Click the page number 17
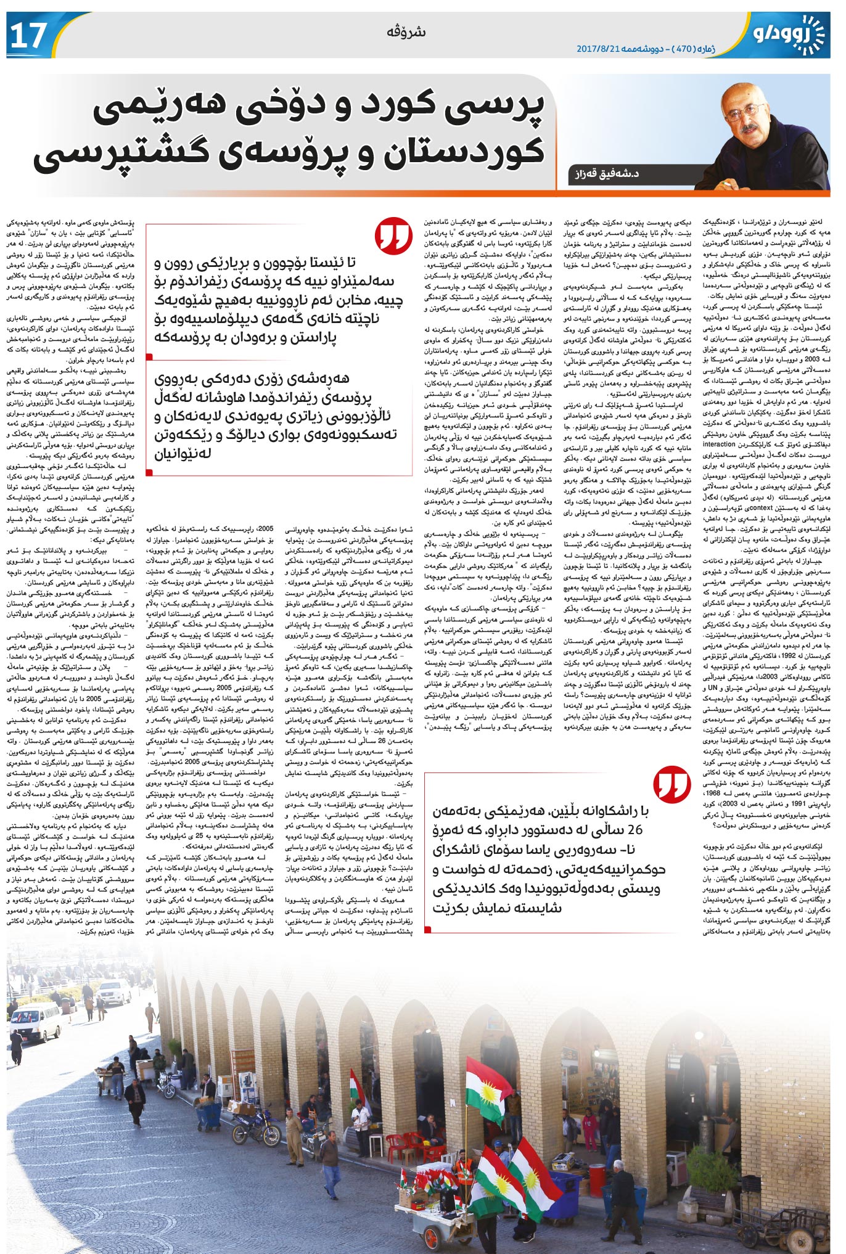pyautogui.click(x=28, y=36)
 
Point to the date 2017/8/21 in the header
pyautogui.click(x=598, y=48)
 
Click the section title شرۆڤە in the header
pyautogui.click(x=406, y=31)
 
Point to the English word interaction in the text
pyautogui.click(x=719, y=445)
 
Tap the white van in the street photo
pyautogui.click(x=36, y=1020)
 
